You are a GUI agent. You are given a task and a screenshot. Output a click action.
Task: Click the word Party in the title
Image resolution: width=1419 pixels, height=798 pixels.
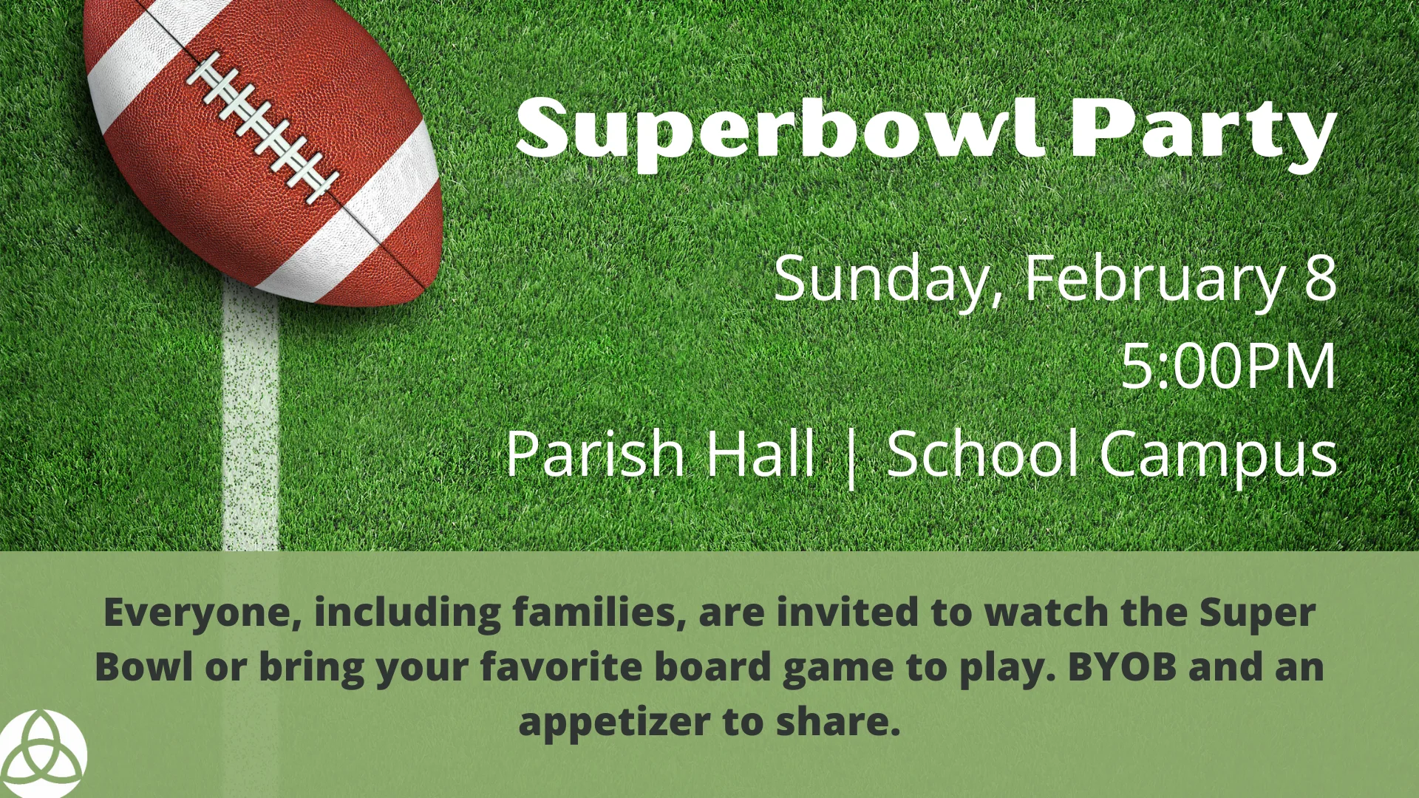pos(1205,133)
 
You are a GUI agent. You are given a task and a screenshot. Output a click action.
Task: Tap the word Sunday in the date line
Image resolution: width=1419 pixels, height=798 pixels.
pos(887,279)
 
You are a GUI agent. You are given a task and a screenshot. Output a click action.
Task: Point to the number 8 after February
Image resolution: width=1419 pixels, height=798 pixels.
pos(1320,278)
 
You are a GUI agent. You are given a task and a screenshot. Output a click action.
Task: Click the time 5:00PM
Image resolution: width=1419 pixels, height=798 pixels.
pos(1229,366)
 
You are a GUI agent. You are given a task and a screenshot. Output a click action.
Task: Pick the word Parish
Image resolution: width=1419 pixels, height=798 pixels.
pos(595,453)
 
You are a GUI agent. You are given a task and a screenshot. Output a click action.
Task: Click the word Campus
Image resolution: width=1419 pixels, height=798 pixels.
pos(1219,454)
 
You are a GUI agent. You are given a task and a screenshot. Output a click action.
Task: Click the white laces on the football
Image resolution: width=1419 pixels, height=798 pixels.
pos(262,126)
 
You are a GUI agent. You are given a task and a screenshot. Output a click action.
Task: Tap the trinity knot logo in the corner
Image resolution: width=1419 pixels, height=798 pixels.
pos(42,754)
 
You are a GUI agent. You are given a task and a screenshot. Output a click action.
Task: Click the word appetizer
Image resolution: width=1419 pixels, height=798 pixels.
pos(614,722)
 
